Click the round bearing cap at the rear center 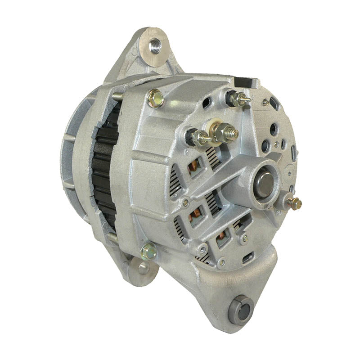pos(262,180)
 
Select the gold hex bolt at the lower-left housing pos(148,252)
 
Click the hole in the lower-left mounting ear pos(143,268)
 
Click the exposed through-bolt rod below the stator pos(112,236)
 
